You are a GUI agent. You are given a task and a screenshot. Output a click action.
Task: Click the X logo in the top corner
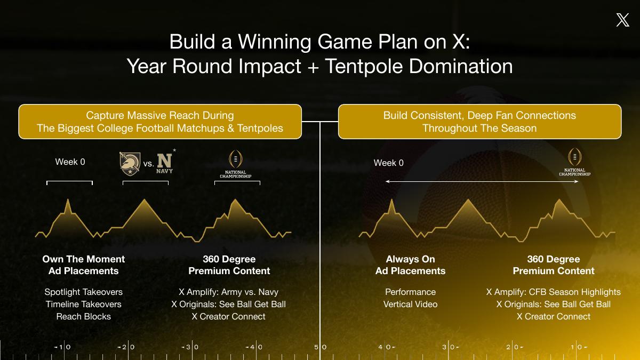[x=622, y=20]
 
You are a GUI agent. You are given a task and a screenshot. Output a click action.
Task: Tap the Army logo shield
[x=130, y=164]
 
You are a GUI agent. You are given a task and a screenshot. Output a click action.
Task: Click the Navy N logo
[x=165, y=162]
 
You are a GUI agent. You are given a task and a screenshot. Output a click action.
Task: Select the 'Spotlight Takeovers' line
[x=83, y=292]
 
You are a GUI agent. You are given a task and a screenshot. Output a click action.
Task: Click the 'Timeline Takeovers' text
[x=83, y=305]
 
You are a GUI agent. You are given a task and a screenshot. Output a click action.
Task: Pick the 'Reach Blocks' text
[x=83, y=317]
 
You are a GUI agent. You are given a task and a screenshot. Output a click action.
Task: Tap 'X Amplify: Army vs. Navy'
[x=229, y=292]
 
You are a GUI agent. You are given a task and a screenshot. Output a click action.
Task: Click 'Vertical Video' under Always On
[x=410, y=305]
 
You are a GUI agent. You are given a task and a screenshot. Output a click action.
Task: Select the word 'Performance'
[x=410, y=292]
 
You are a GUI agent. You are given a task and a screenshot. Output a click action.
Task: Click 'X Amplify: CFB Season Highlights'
[x=554, y=292]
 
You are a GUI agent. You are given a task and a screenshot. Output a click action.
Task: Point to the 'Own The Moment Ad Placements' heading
[x=83, y=265]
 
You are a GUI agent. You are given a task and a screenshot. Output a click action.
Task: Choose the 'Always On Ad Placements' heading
[x=410, y=265]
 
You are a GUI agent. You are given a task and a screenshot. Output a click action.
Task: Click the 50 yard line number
[x=321, y=347]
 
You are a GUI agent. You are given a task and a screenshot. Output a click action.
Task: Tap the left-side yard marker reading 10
[x=62, y=347]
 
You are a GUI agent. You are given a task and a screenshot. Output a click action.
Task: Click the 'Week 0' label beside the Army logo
[x=70, y=162]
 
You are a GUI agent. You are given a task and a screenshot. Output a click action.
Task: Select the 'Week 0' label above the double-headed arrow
[x=389, y=163]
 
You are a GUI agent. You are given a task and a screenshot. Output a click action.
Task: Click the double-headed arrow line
[x=482, y=181]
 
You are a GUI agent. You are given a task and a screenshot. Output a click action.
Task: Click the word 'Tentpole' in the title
[x=364, y=67]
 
